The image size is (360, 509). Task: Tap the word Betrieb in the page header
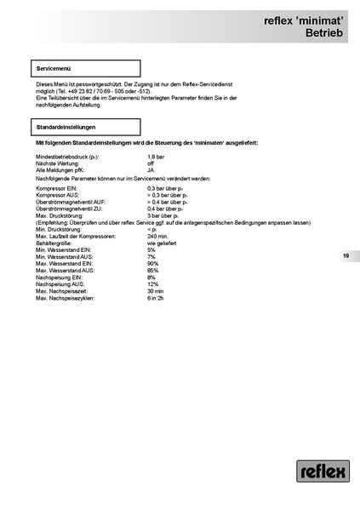(323, 32)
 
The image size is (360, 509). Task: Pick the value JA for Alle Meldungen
(151, 171)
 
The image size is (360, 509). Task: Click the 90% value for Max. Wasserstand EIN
(153, 264)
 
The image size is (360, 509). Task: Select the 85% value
(153, 271)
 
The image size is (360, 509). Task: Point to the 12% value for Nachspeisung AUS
(153, 284)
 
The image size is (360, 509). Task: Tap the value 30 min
(156, 291)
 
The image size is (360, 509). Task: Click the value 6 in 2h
(156, 298)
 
